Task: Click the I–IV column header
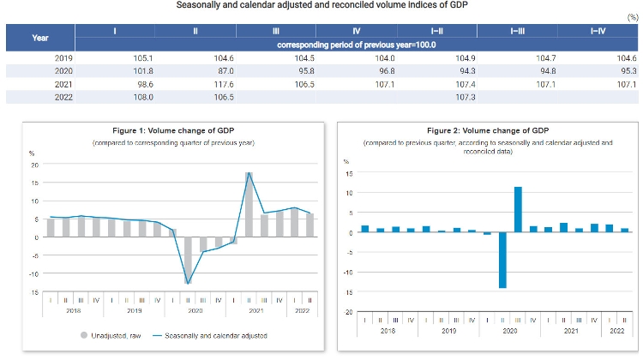598,31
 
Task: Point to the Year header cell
40,38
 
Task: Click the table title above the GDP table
322,6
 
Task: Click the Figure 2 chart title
488,130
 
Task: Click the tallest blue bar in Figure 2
518,209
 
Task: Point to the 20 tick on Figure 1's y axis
34,165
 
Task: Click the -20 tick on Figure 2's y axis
348,312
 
